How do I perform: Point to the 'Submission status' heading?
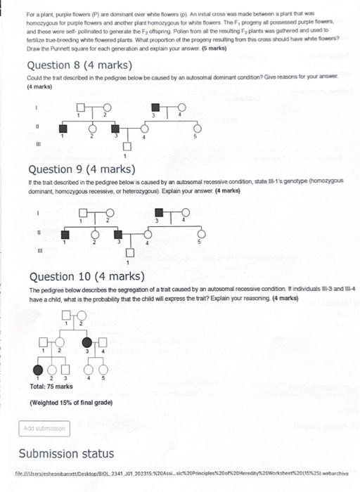tap(66, 453)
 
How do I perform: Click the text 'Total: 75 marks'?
tap(51, 387)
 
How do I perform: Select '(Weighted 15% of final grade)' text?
tap(72, 403)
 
